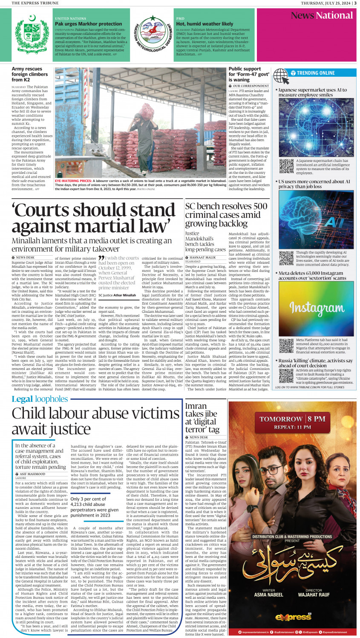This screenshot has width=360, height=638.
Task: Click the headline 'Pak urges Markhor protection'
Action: point(88,24)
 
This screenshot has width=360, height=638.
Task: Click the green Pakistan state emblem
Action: point(32,34)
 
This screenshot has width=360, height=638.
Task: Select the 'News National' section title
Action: point(322,16)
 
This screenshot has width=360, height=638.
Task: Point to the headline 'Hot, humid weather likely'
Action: point(204,24)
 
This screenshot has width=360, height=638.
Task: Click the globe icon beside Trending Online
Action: point(281,75)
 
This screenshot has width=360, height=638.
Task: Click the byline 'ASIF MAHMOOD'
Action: point(32,474)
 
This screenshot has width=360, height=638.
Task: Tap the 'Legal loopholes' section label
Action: point(40,399)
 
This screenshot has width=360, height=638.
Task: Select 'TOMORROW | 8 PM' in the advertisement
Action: point(292,419)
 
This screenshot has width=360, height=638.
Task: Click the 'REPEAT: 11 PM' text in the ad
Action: point(292,427)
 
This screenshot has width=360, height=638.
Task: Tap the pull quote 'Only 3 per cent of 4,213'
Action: point(95,507)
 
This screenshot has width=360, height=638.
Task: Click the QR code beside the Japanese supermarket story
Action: point(286,166)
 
